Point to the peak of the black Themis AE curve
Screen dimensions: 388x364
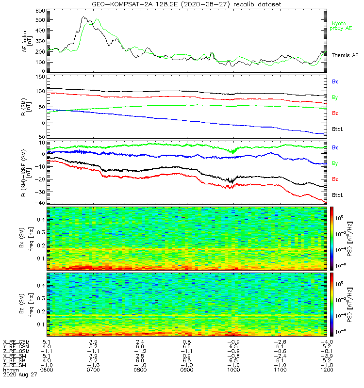tap(84, 17)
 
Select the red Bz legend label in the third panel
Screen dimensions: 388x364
tap(334, 179)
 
